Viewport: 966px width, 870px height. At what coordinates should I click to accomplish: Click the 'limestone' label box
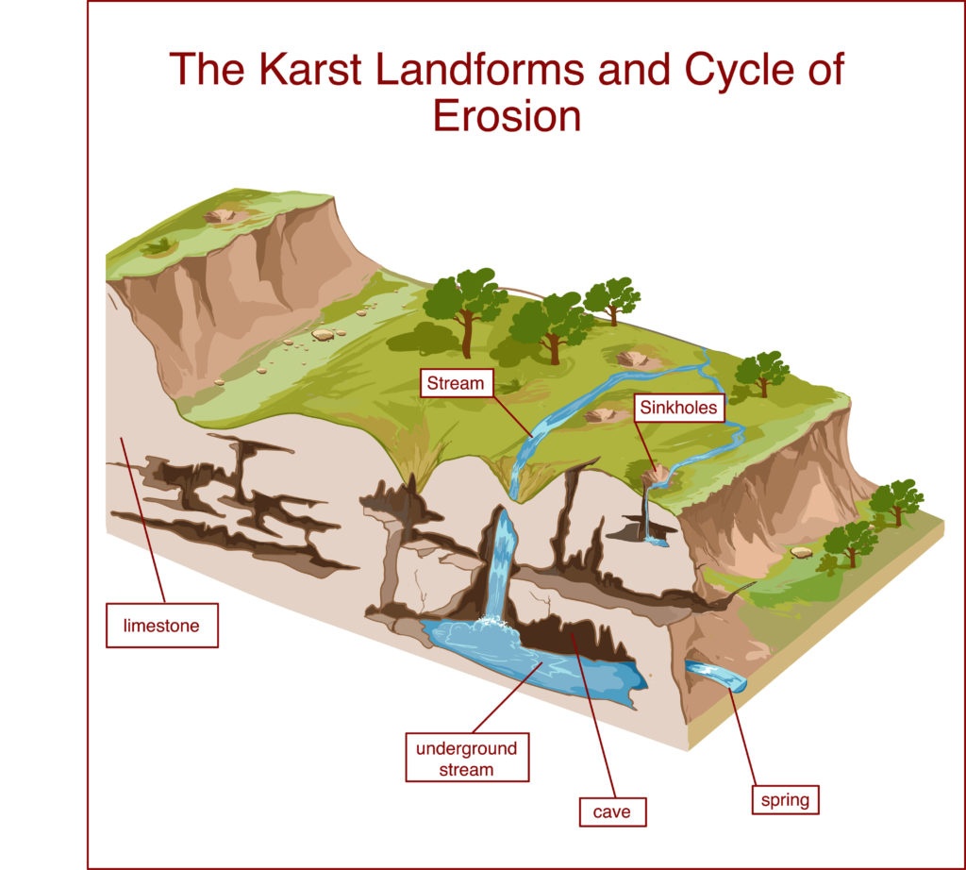(x=162, y=626)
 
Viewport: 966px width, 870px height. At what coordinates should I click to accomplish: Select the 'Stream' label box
(x=457, y=382)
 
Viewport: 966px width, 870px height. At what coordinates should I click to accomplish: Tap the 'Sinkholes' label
(x=679, y=408)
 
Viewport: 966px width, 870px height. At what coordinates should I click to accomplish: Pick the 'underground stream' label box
(x=467, y=758)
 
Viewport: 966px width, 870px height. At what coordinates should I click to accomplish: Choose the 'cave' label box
(x=612, y=811)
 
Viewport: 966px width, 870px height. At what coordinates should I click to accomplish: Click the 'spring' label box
(x=786, y=800)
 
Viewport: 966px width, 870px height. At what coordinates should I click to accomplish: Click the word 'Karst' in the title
(x=309, y=69)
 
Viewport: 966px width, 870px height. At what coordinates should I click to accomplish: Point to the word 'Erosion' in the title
(x=507, y=116)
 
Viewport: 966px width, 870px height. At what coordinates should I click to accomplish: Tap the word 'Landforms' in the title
(x=479, y=69)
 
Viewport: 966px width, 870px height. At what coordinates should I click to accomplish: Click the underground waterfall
(x=502, y=563)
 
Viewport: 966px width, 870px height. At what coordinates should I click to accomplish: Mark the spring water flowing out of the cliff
(x=716, y=675)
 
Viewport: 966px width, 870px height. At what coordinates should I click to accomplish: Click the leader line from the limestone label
(x=143, y=520)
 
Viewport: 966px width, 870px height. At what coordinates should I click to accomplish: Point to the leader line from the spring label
(x=742, y=737)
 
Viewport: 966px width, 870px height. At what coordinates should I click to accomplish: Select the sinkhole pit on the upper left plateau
(x=220, y=216)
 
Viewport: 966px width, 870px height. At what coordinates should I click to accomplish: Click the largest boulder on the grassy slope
(x=323, y=335)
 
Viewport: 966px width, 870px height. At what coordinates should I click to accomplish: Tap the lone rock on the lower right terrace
(x=802, y=552)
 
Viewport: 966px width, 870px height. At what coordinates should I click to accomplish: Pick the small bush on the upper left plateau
(x=158, y=247)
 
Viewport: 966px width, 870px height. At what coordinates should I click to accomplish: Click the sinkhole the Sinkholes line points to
(x=657, y=476)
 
